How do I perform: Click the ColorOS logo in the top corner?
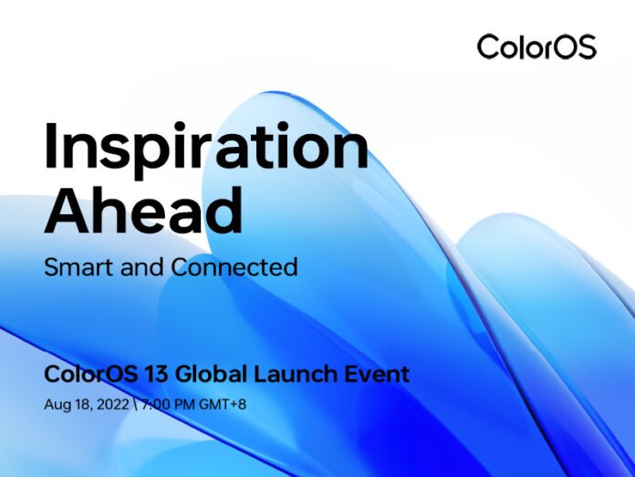click(536, 46)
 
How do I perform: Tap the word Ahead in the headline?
click(144, 210)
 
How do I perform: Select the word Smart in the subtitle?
click(75, 267)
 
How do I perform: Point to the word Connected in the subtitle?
click(240, 267)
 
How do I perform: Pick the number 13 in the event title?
click(139, 374)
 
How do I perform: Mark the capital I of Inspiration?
click(53, 145)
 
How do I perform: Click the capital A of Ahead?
click(68, 210)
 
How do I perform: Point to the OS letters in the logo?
click(575, 46)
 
